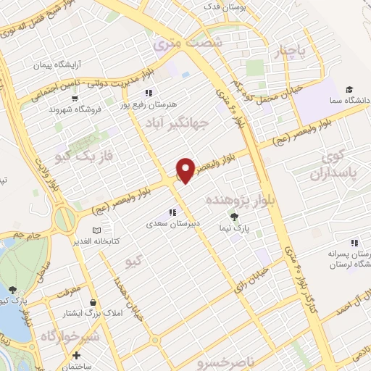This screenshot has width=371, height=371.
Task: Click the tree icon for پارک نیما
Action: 233,215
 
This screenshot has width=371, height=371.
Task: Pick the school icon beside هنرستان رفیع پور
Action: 149,92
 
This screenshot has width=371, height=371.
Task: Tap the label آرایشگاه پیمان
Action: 56,64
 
